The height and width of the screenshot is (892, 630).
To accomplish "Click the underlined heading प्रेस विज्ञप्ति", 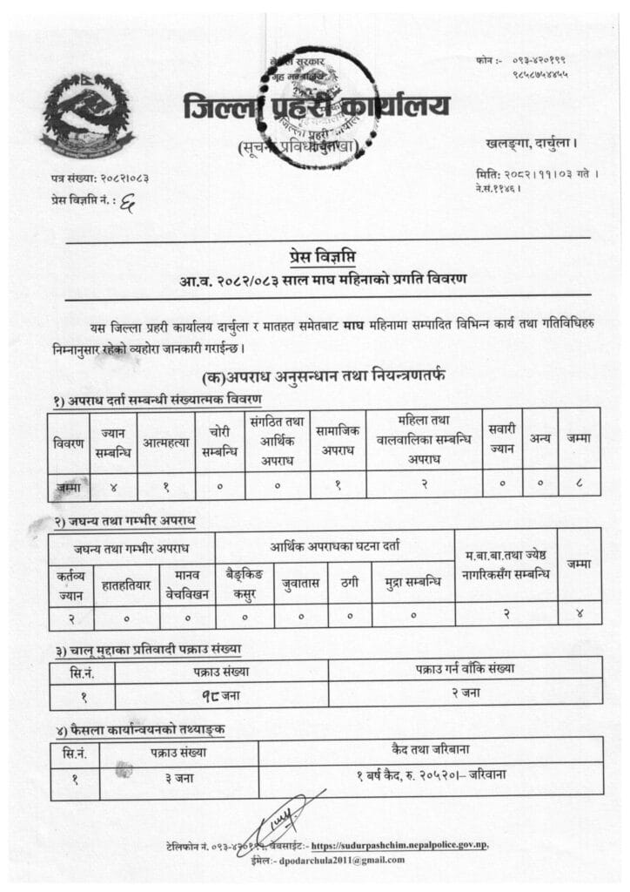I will tap(323, 255).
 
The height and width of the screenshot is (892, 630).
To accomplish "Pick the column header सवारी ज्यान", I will tap(502, 441).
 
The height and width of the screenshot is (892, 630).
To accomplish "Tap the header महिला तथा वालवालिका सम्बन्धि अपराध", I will tap(424, 441).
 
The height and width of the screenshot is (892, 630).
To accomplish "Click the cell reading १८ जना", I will tap(221, 695).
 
